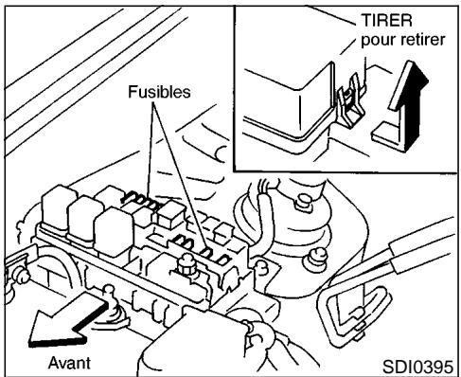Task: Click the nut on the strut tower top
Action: [303, 201]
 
